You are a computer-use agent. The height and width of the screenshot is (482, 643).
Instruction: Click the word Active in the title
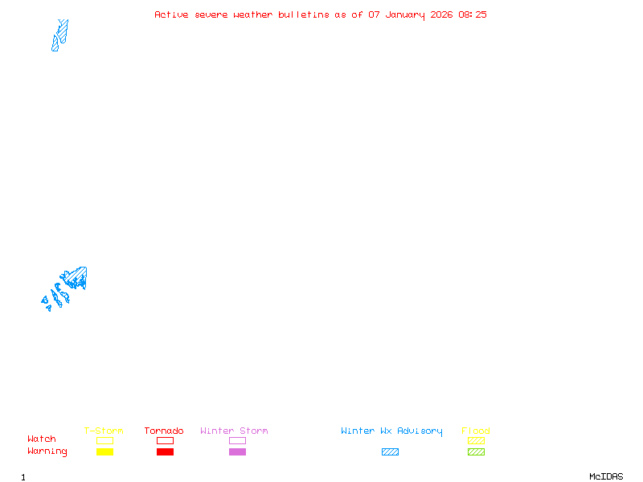coord(172,14)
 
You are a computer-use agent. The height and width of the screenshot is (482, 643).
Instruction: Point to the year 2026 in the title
coord(441,14)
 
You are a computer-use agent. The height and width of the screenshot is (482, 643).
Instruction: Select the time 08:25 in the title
coord(473,14)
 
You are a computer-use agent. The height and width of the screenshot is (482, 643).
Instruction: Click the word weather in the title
coord(253,14)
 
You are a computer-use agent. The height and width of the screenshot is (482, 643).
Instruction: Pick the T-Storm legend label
coord(104,431)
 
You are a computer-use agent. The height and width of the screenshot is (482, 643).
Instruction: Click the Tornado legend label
coord(164,431)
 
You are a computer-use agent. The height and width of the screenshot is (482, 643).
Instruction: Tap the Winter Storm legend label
coord(234,431)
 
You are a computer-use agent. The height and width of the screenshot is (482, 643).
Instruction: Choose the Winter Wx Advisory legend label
coord(391,431)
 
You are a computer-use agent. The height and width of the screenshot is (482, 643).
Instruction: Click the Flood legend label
coord(476,431)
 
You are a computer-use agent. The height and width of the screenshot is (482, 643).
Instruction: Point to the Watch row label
coord(42,439)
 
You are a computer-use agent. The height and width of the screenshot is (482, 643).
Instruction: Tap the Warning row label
coord(47,451)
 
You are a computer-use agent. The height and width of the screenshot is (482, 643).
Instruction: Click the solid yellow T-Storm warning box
coord(104,452)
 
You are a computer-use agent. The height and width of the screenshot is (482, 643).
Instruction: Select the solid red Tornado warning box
coord(165,452)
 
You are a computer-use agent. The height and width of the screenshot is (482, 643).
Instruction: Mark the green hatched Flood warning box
coord(476,452)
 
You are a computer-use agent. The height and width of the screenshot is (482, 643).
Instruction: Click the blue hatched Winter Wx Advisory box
coord(390,452)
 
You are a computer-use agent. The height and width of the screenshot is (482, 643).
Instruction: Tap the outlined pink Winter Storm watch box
coord(237,441)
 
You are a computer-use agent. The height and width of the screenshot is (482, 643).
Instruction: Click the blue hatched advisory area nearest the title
coord(59,35)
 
